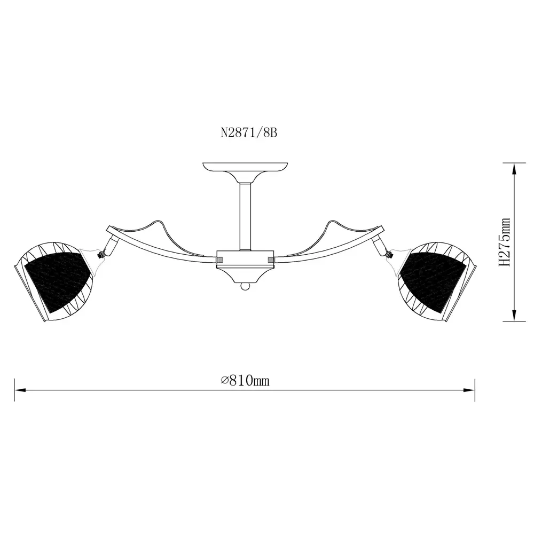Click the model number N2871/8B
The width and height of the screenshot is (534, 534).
click(249, 133)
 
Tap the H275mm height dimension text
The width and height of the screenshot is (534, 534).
click(505, 242)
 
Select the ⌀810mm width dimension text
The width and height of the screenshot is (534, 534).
click(245, 380)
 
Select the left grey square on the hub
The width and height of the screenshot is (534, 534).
click(220, 260)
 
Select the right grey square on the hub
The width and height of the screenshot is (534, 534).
click(271, 260)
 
